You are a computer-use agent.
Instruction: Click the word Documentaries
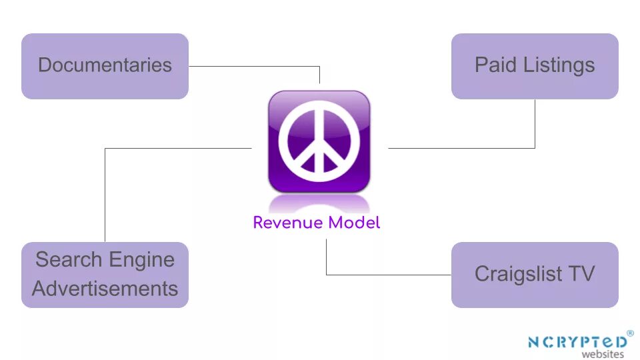click(105, 65)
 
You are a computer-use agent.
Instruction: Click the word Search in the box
click(67, 259)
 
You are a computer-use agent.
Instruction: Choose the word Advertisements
click(105, 289)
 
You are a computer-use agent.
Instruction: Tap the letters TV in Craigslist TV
click(581, 274)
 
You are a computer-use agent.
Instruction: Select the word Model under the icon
click(353, 223)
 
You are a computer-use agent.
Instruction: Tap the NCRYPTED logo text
click(577, 342)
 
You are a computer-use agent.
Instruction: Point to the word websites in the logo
click(603, 355)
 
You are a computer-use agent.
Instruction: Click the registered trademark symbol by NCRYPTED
click(630, 333)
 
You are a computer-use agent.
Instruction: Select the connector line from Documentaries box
click(253, 66)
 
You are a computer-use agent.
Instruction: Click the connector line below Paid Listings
click(535, 123)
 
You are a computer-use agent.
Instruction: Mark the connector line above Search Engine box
click(105, 193)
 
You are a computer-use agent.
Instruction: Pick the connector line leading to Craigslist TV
click(387, 274)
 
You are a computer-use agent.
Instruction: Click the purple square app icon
click(319, 100)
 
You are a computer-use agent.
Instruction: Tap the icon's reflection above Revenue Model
click(319, 201)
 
